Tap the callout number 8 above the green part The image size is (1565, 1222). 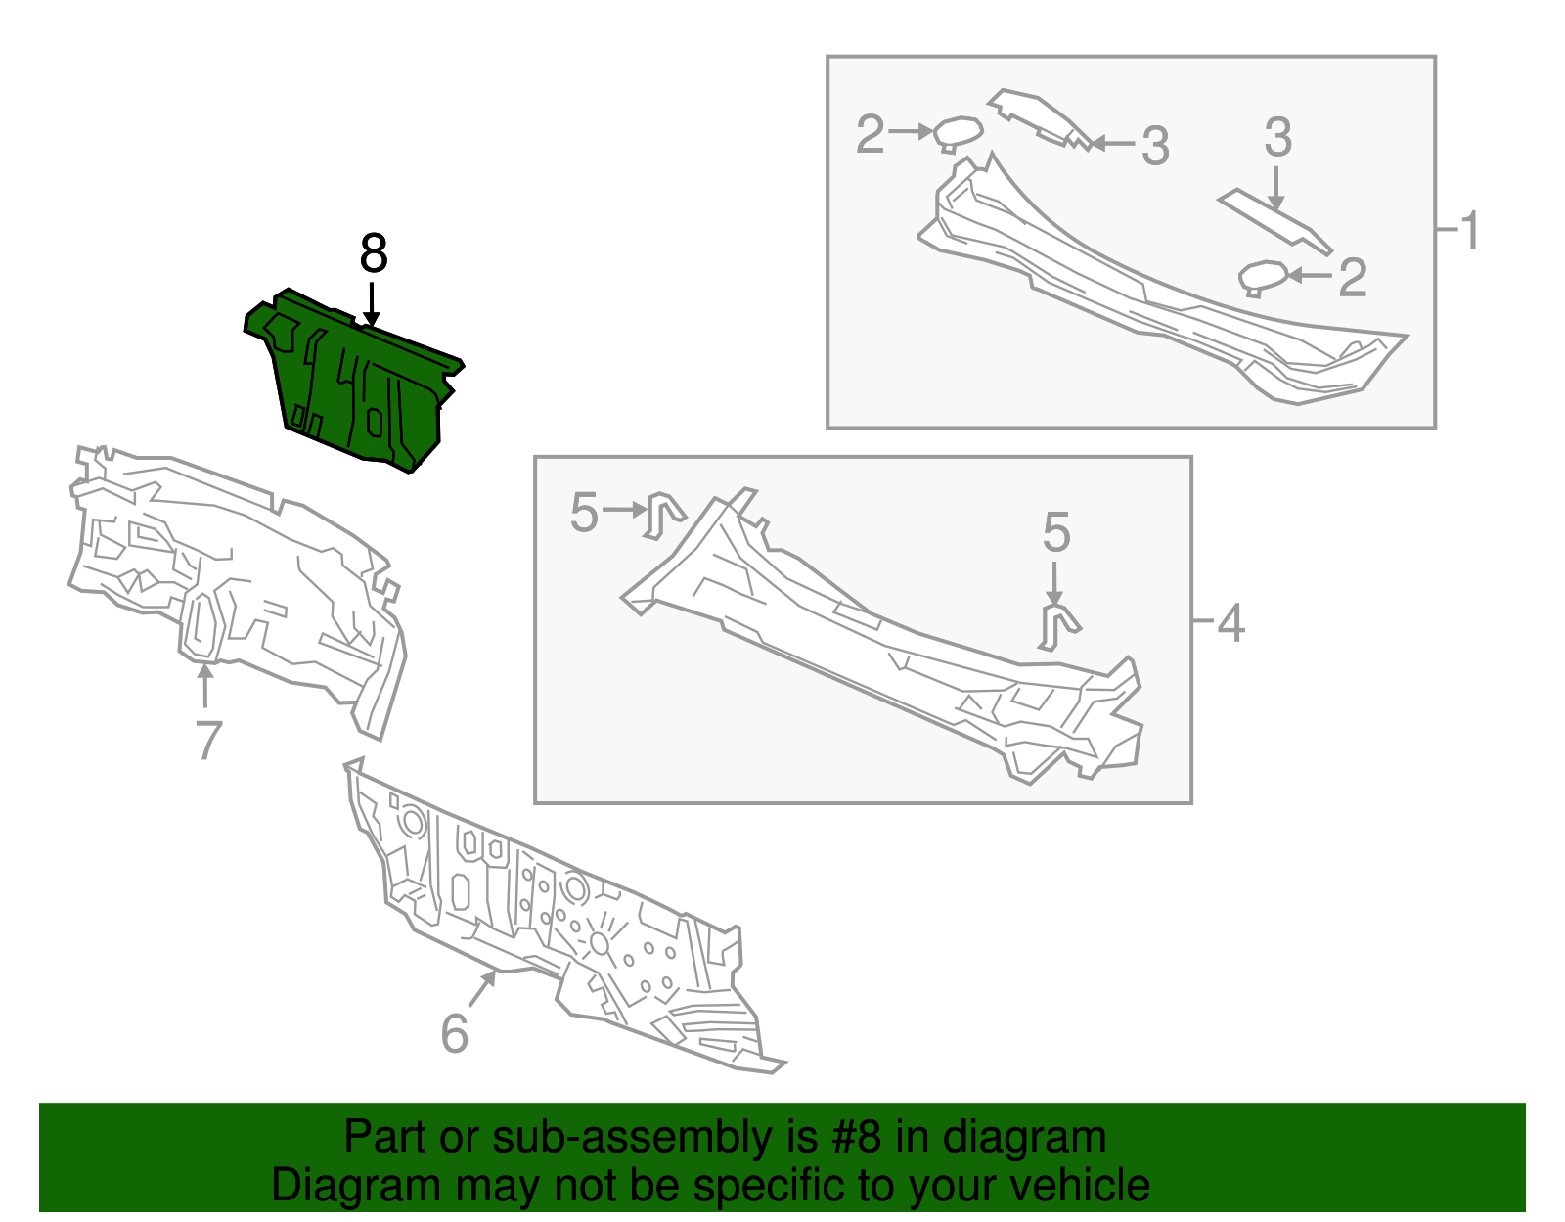tap(374, 253)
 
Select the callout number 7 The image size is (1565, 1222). tap(208, 741)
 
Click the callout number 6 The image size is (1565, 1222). tap(455, 1033)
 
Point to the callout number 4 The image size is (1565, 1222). tap(1230, 623)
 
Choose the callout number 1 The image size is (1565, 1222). tap(1469, 231)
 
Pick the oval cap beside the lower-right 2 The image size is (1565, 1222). tap(1263, 278)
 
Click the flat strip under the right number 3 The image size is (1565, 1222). tap(1274, 221)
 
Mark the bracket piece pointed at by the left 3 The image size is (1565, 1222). tap(1039, 118)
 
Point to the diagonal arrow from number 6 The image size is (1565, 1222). tap(482, 988)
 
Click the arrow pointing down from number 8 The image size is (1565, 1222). tap(372, 304)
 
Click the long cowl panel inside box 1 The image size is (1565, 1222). tap(1163, 280)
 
